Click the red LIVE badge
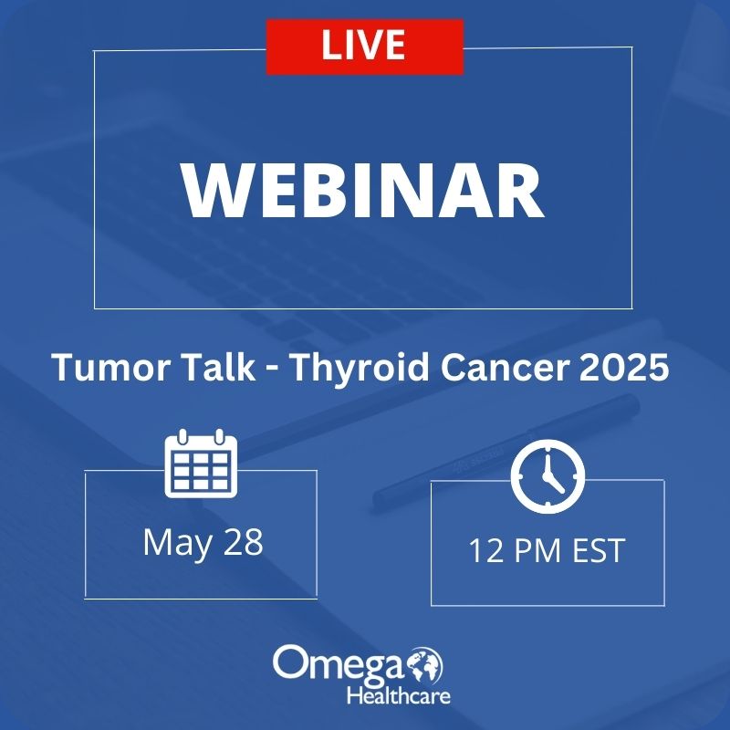pos(364,47)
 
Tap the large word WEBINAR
pos(362,191)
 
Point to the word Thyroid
pos(360,367)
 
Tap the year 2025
pos(624,368)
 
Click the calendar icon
pos(201,464)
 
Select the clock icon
pos(547,476)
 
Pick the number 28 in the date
pos(243,542)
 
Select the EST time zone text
pos(598,551)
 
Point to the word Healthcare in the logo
pos(399,696)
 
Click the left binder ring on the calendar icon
pos(183,437)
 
